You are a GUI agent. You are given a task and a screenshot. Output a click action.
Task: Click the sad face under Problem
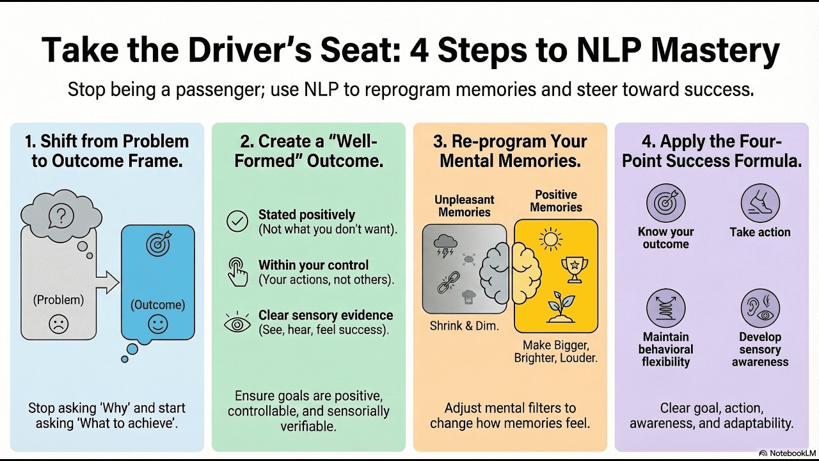tap(58, 324)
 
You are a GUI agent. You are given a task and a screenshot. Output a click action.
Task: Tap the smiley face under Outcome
tap(158, 324)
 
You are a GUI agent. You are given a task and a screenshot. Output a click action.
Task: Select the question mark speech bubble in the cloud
tap(61, 216)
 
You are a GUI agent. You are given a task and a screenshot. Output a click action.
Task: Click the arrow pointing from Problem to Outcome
tap(107, 282)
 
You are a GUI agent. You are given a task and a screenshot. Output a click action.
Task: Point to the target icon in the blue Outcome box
tap(158, 243)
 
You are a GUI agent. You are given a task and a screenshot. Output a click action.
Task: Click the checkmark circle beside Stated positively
tap(237, 221)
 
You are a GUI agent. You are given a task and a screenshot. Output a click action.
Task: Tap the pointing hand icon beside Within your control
tap(237, 272)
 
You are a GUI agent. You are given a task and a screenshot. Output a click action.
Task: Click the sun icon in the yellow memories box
tap(551, 239)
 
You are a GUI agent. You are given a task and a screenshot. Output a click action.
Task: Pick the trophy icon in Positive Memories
tap(575, 270)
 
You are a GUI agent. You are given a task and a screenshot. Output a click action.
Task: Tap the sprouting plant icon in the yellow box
tap(561, 307)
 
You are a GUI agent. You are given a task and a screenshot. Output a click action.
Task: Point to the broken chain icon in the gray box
tap(449, 282)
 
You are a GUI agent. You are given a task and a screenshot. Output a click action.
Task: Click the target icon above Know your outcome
tap(666, 203)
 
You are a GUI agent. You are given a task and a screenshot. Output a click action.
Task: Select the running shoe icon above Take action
tap(760, 203)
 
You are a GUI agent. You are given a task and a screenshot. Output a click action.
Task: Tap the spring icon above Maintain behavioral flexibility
tap(666, 308)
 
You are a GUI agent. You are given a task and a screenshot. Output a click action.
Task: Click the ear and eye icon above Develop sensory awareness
tap(760, 308)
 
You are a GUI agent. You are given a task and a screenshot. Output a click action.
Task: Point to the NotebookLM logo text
tap(791, 453)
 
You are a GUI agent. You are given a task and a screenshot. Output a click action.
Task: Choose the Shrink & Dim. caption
tap(465, 326)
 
